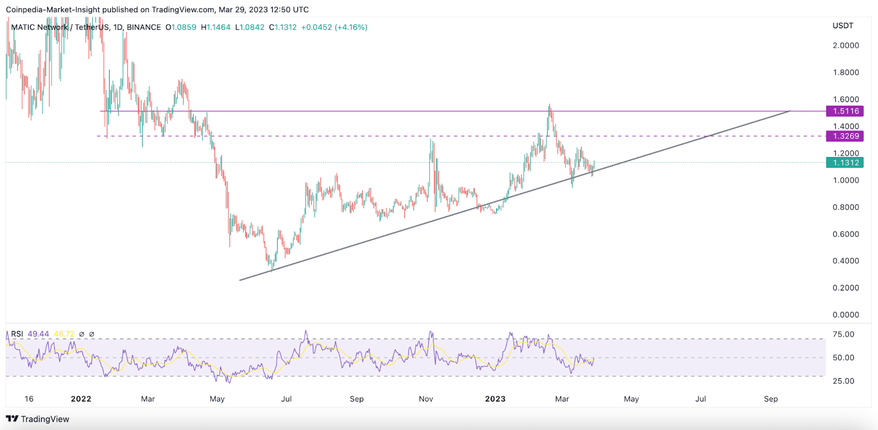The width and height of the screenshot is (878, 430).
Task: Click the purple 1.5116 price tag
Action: click(x=846, y=111)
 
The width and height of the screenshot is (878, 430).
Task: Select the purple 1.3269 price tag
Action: click(x=846, y=136)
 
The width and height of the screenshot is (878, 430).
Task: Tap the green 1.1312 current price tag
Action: click(x=846, y=163)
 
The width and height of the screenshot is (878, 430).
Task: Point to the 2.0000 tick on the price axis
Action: click(x=846, y=46)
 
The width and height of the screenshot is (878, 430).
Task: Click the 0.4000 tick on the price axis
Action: click(x=846, y=261)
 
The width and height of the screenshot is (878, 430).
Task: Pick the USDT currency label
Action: click(x=843, y=26)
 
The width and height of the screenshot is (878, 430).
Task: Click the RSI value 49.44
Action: click(x=38, y=334)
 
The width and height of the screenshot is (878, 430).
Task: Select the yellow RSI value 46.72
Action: click(x=64, y=334)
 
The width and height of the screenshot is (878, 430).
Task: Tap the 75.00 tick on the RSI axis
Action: click(x=843, y=334)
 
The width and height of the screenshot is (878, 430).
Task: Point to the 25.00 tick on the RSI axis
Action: click(x=843, y=381)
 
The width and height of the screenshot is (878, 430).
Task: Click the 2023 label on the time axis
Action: click(x=495, y=399)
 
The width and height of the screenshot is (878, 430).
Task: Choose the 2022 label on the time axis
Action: click(x=81, y=399)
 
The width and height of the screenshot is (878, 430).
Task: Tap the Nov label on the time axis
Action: click(x=426, y=399)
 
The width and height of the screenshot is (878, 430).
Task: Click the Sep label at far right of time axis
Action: click(x=770, y=399)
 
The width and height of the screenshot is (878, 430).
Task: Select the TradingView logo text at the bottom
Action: click(x=44, y=419)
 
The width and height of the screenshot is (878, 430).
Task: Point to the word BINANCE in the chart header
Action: click(x=144, y=27)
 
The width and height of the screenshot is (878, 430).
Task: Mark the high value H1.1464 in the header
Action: click(x=216, y=27)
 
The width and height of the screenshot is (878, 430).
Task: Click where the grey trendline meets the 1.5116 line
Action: click(x=789, y=111)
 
